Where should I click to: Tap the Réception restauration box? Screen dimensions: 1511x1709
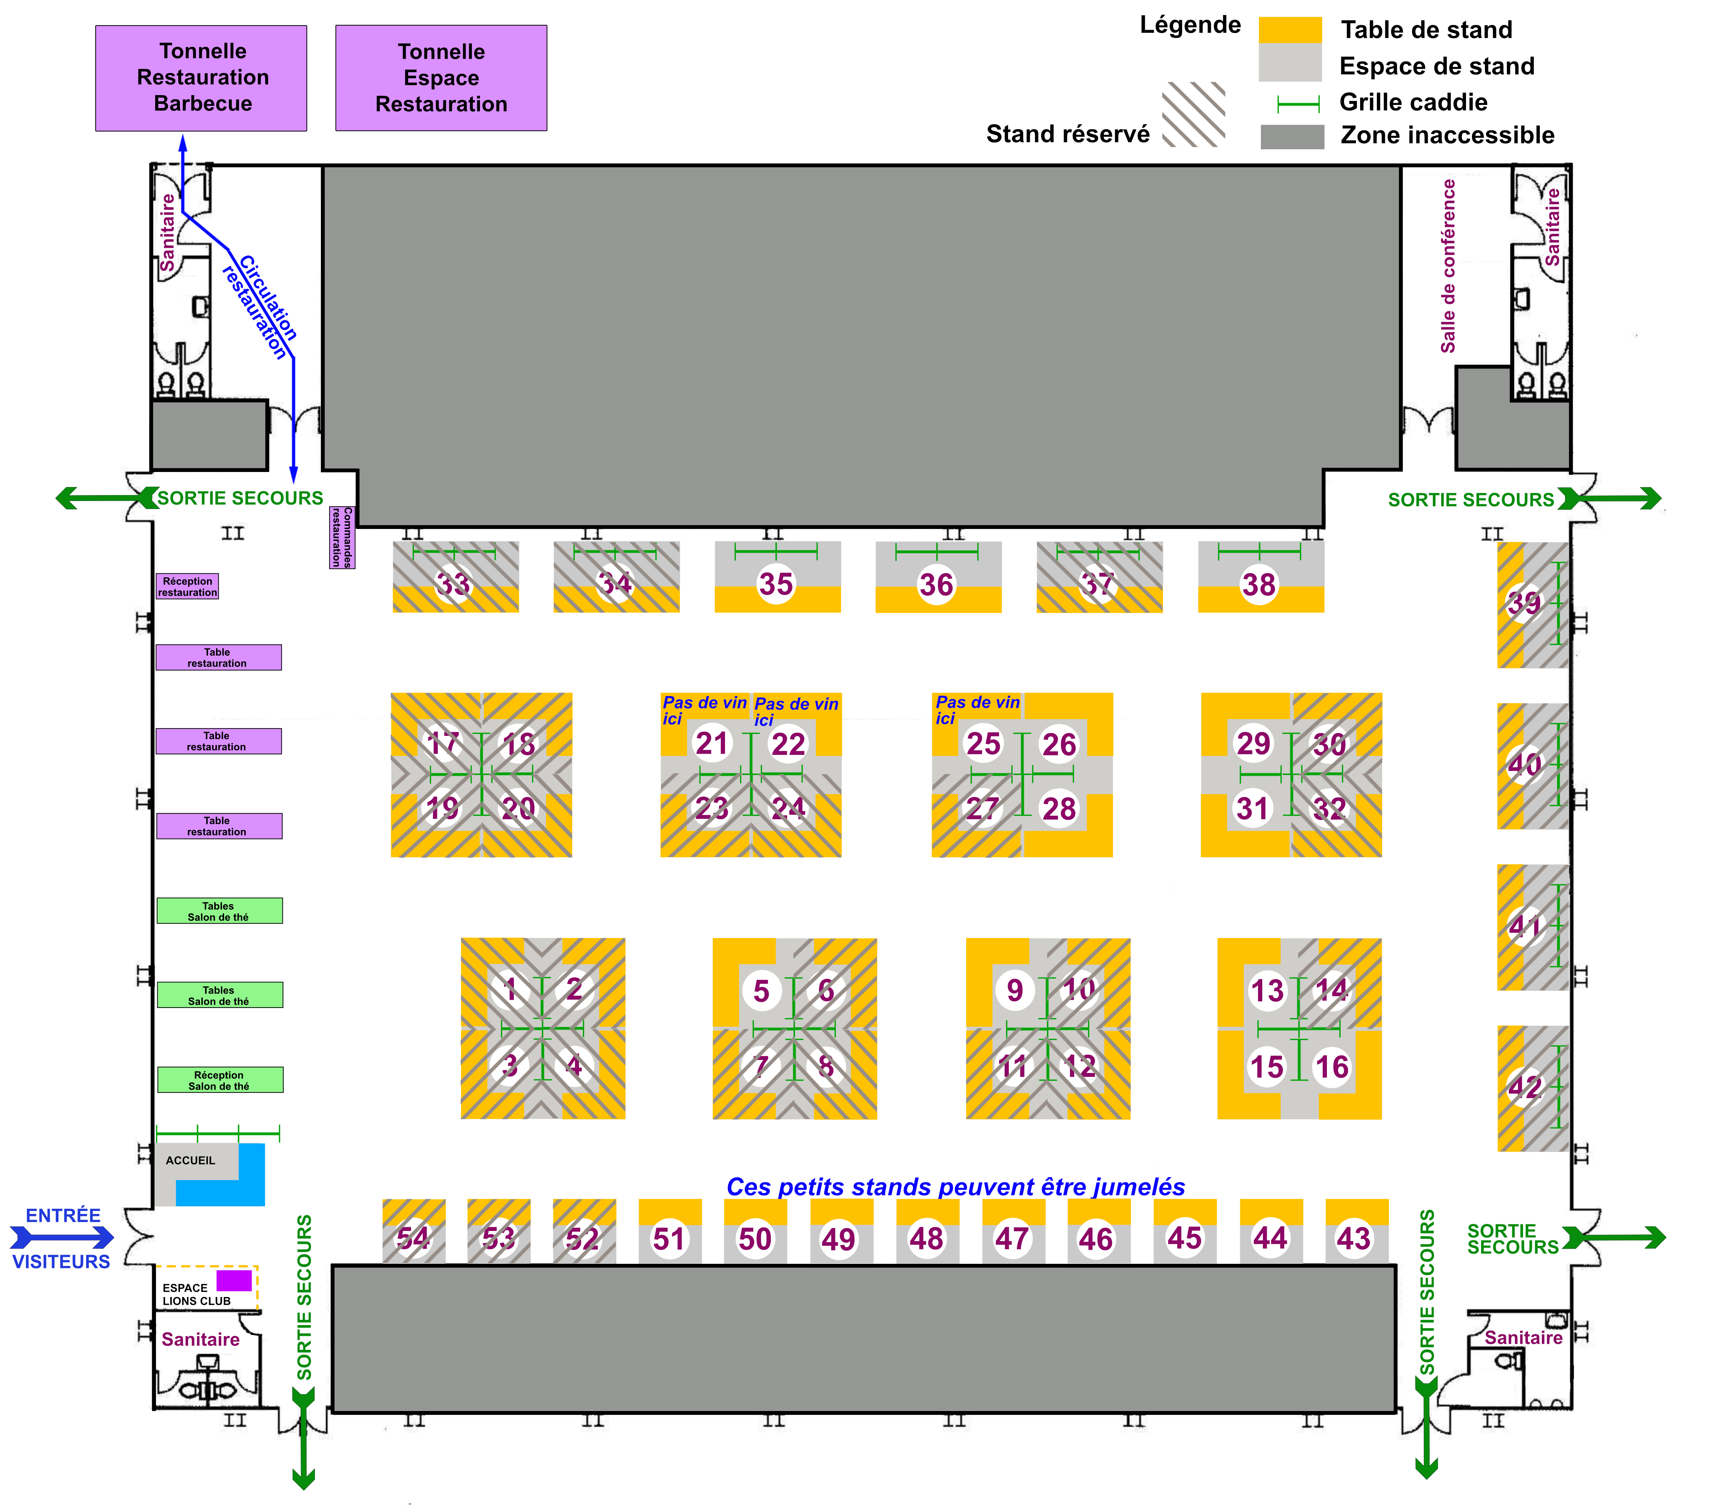pos(187,586)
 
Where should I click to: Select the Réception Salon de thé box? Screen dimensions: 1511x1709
pos(219,1080)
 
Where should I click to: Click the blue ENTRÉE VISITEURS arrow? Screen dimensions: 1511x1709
pos(63,1237)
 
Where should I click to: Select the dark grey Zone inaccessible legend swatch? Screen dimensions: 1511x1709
pos(1292,136)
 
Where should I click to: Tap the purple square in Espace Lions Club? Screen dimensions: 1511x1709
pos(234,1280)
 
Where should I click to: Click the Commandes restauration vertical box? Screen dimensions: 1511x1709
pos(342,537)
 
